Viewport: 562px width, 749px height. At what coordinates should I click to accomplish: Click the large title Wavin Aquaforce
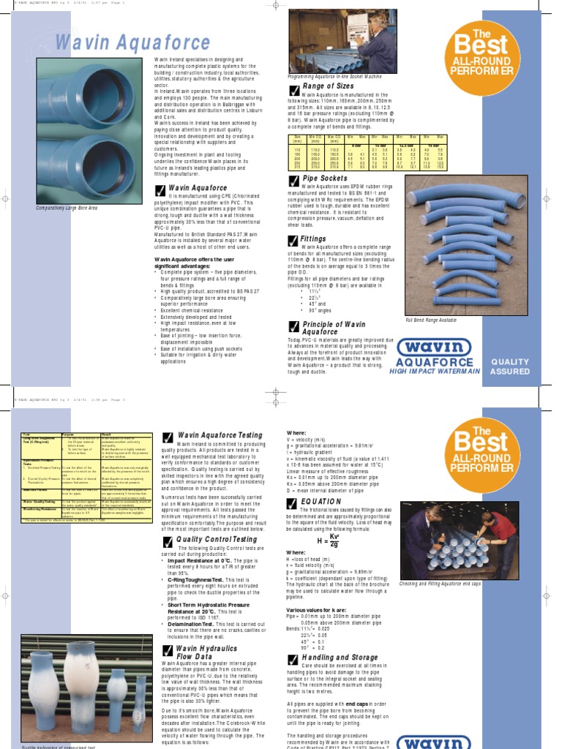[132, 42]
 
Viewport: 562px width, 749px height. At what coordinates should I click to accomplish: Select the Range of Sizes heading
[329, 86]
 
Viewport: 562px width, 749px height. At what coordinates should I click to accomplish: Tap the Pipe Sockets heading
[325, 178]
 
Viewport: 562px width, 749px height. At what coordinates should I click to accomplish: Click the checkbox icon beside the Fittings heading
[294, 241]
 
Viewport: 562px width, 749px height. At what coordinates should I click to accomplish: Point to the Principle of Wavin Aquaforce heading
[334, 328]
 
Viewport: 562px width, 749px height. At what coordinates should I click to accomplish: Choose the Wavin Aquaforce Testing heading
[220, 435]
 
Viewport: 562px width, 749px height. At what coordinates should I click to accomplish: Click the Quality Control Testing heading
[217, 540]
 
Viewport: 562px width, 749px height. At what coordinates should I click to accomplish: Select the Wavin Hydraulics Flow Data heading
[206, 652]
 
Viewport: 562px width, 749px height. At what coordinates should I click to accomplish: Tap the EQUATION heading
[321, 502]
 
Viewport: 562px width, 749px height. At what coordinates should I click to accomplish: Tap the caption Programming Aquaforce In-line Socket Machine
[336, 75]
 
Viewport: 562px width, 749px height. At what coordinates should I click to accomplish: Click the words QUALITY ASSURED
[510, 366]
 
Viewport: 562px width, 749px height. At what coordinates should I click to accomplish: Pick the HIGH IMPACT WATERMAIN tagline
[435, 372]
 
